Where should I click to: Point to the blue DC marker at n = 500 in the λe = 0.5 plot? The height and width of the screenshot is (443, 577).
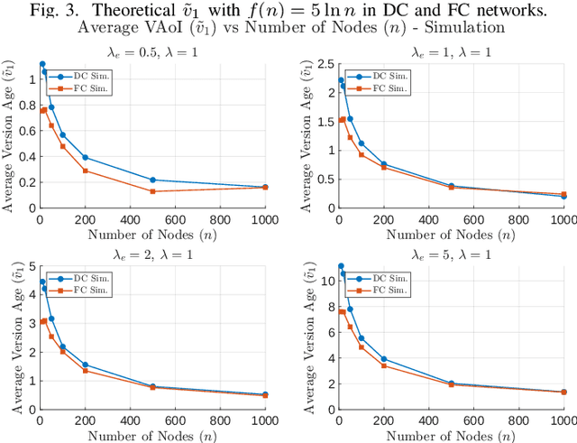152,180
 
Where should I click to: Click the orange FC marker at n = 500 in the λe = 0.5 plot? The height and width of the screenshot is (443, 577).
152,191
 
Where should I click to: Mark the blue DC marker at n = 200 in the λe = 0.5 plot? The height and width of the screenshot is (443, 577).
85,157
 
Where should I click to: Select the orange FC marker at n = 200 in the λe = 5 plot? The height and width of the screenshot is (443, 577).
384,365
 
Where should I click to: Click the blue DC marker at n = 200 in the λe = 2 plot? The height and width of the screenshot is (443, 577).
85,365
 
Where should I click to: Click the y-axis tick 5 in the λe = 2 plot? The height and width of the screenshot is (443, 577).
30,266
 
